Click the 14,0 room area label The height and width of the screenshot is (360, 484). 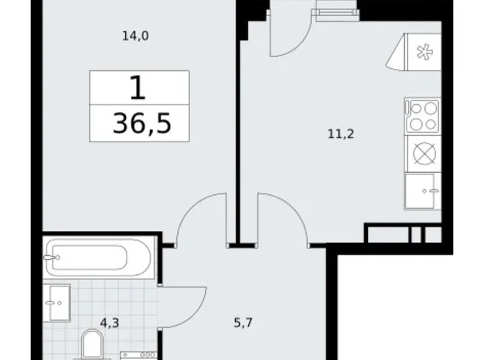click(x=135, y=36)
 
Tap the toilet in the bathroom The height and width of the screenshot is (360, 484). click(x=94, y=344)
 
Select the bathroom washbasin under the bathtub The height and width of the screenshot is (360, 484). click(x=60, y=302)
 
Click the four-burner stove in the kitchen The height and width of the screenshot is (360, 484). click(x=422, y=115)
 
